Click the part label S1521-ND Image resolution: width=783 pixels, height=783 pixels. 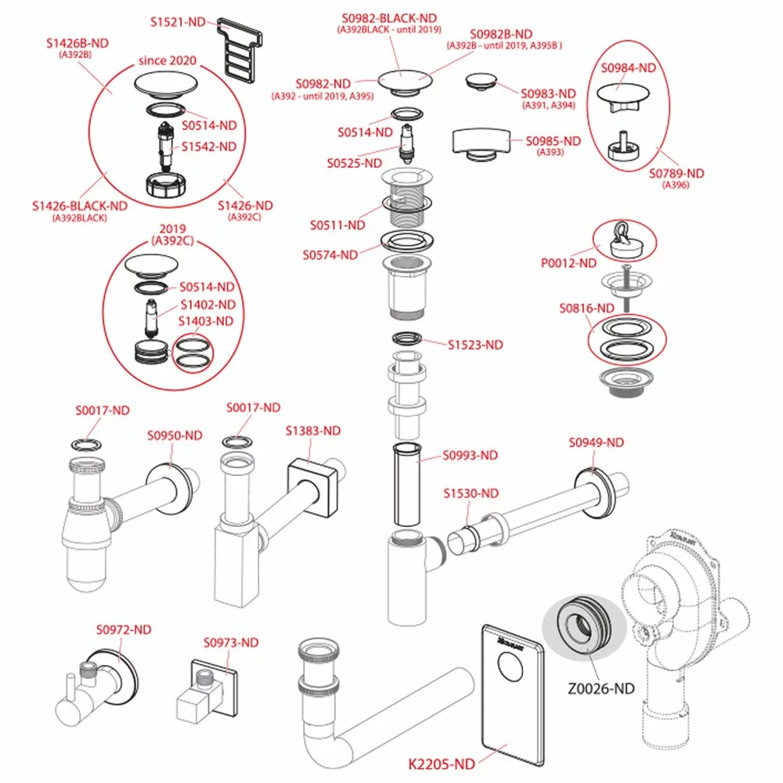(178, 21)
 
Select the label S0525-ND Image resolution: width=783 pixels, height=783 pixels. (355, 163)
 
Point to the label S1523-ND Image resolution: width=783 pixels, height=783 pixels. (475, 345)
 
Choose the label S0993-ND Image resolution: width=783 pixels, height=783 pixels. (470, 455)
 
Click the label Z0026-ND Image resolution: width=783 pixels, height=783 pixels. (601, 689)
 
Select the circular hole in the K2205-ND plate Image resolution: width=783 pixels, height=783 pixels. (513, 670)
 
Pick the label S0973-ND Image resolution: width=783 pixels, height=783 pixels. (231, 643)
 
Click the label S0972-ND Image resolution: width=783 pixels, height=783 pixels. (124, 630)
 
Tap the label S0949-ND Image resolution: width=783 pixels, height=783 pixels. (596, 442)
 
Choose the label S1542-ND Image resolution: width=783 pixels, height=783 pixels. (208, 146)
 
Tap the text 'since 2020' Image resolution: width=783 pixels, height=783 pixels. (167, 60)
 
